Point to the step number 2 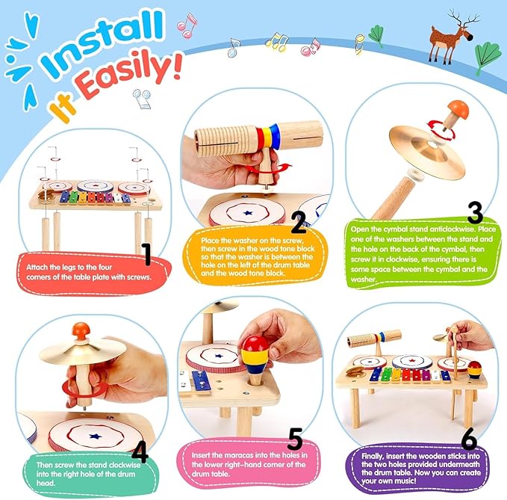pos(298,222)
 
